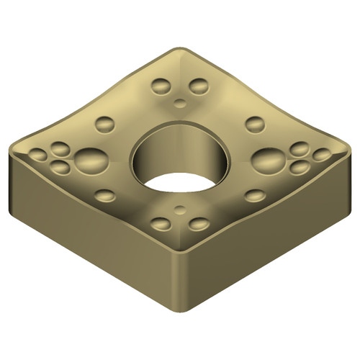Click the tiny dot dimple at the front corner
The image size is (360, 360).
[179, 211]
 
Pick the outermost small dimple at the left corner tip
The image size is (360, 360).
[37, 154]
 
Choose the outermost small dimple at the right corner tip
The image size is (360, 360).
[322, 154]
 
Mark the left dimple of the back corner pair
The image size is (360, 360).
[161, 87]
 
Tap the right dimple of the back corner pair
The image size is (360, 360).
[198, 87]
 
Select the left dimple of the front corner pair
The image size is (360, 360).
[161, 224]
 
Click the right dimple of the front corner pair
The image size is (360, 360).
[198, 224]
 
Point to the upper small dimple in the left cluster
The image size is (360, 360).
[60, 149]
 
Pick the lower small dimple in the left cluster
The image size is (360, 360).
[60, 167]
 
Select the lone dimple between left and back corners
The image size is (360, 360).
[104, 124]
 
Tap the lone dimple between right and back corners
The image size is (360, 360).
[254, 124]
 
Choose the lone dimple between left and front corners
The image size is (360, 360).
[104, 195]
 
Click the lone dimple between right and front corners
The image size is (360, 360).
[254, 195]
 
